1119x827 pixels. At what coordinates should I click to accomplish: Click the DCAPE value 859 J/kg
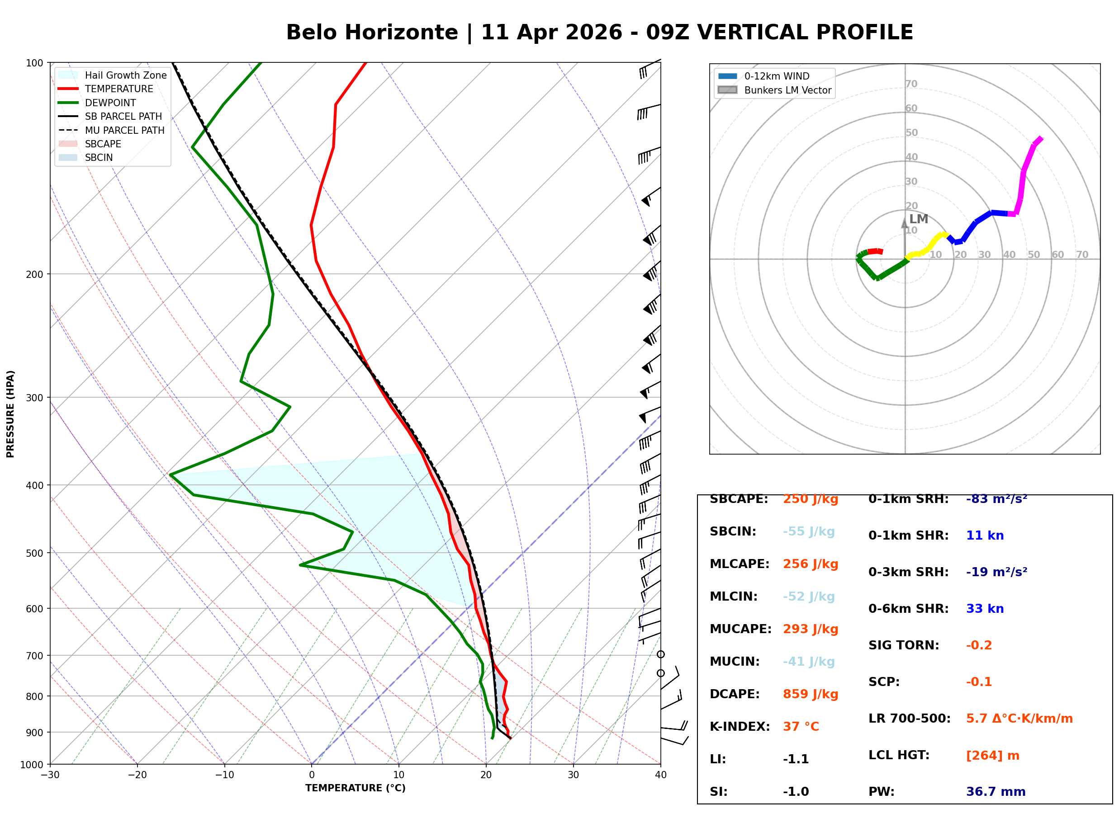pyautogui.click(x=810, y=694)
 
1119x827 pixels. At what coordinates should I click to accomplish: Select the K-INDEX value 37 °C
pyautogui.click(x=801, y=726)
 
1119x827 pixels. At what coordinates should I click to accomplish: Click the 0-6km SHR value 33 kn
pyautogui.click(x=984, y=609)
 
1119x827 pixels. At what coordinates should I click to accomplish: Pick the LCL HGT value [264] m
pyautogui.click(x=992, y=756)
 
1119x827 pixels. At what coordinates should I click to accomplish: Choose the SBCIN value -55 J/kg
pyautogui.click(x=808, y=531)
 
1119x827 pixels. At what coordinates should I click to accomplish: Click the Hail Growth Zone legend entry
pyautogui.click(x=125, y=75)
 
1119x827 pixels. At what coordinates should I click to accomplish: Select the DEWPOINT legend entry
pyautogui.click(x=110, y=103)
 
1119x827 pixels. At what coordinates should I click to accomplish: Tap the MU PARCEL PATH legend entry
pyautogui.click(x=124, y=130)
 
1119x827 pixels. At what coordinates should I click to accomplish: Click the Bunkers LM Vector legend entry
pyautogui.click(x=787, y=90)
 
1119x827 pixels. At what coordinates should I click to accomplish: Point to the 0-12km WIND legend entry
pyautogui.click(x=777, y=76)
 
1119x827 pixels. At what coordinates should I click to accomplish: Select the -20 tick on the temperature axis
pyautogui.click(x=137, y=775)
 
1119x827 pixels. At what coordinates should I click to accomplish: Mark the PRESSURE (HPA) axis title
pyautogui.click(x=10, y=413)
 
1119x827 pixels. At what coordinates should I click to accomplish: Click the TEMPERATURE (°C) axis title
pyautogui.click(x=355, y=788)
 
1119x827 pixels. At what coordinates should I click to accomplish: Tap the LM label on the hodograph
pyautogui.click(x=918, y=219)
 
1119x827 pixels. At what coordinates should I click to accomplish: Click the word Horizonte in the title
pyautogui.click(x=401, y=33)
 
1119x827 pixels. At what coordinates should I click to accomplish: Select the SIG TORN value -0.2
pyautogui.click(x=979, y=645)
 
